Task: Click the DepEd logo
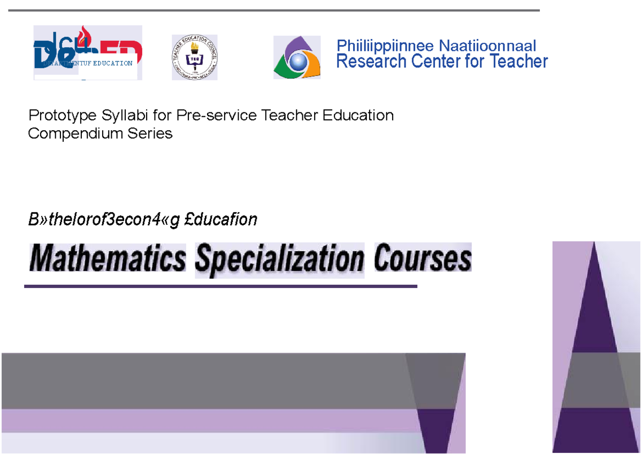tap(88, 52)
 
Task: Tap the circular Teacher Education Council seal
tap(194, 57)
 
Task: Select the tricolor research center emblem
tap(297, 57)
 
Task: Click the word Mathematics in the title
tap(108, 260)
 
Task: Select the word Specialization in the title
tap(279, 260)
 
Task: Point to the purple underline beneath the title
tap(220, 286)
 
